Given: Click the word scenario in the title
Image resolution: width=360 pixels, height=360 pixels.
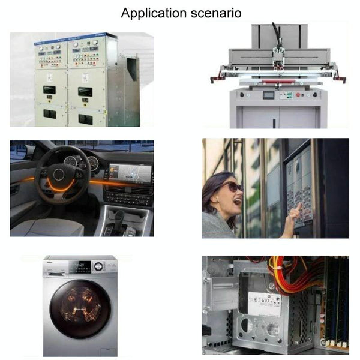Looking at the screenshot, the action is coord(216,13).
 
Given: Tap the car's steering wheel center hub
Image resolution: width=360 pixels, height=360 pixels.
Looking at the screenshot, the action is coord(59,175).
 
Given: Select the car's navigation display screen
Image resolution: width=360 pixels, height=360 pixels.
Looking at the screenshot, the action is coord(130,172).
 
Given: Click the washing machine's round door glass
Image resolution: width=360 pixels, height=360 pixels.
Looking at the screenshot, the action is coord(80,309).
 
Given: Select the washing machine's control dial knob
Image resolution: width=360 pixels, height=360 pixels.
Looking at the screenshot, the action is coord(98,266).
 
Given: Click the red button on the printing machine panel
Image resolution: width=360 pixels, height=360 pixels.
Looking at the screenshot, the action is coord(298,94).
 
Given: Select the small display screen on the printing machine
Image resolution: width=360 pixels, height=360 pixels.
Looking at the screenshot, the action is coord(269,95).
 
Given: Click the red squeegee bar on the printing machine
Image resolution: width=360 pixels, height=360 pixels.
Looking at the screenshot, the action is coord(278,81).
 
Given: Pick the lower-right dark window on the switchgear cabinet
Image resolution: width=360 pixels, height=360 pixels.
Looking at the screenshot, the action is coord(85,119).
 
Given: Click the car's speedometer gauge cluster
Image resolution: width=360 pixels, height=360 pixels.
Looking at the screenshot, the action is coord(81,163).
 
